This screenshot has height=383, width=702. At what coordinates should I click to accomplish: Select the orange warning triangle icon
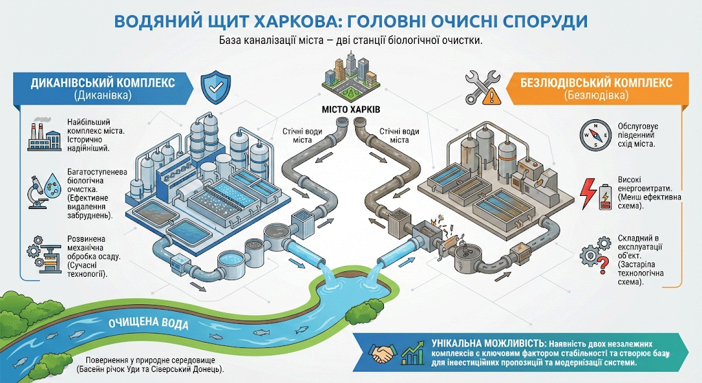pos(490,97)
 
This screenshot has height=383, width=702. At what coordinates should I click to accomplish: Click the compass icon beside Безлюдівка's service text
pos(593,134)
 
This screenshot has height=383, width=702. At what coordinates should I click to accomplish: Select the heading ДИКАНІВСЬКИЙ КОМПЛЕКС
pos(103,82)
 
